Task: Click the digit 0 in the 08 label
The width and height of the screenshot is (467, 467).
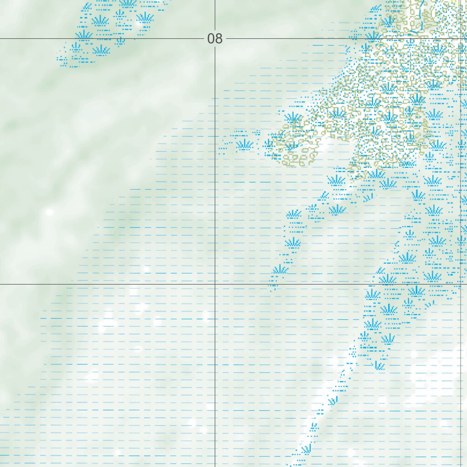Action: pyautogui.click(x=211, y=39)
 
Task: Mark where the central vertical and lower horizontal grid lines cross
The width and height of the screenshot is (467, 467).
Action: pyautogui.click(x=215, y=284)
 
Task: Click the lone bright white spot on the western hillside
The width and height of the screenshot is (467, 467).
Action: pyautogui.click(x=49, y=212)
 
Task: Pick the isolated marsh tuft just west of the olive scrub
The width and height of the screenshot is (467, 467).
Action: pyautogui.click(x=245, y=145)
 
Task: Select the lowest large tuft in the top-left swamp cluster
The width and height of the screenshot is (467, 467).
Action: pyautogui.click(x=101, y=50)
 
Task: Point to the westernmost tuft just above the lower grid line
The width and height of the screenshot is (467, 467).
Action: pyautogui.click(x=280, y=270)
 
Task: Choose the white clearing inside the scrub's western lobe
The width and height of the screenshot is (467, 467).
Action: pyautogui.click(x=324, y=145)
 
